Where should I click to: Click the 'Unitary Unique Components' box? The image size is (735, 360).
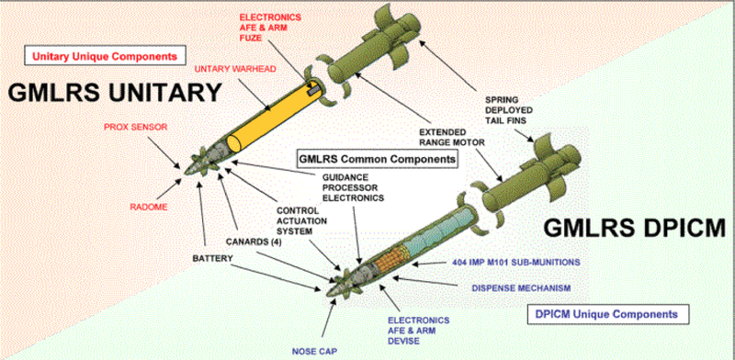click(106, 56)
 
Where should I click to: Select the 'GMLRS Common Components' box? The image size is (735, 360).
click(378, 159)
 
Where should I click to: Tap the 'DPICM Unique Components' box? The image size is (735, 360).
click(607, 313)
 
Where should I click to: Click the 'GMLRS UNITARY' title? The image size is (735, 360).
click(115, 93)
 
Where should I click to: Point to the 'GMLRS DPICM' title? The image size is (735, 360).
click(635, 229)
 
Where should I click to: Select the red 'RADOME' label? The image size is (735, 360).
click(148, 207)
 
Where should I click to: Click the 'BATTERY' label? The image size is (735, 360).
click(212, 259)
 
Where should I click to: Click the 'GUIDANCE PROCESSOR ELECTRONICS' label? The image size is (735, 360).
click(353, 187)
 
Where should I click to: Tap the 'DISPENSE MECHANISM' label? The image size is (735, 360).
click(521, 287)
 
